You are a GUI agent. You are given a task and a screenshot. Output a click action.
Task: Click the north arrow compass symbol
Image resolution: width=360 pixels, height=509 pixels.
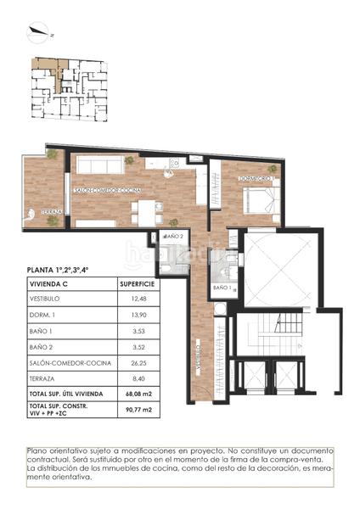coord(38,33)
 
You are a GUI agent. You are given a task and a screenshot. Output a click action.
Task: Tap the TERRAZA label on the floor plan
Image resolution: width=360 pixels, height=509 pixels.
coord(47,212)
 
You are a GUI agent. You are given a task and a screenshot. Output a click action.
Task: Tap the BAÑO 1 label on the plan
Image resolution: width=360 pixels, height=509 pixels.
coord(222,289)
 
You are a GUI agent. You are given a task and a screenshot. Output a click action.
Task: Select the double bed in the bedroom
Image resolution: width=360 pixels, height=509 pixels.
coord(260,200)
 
